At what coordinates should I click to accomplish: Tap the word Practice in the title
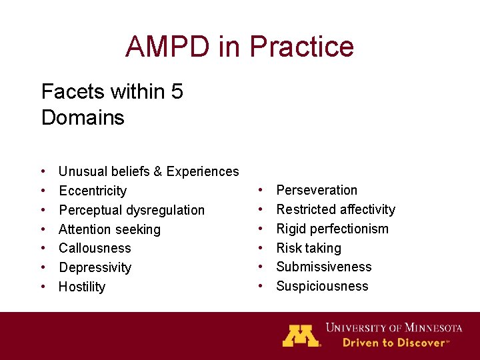301,47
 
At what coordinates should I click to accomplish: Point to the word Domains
83,118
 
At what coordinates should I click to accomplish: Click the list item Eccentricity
93,191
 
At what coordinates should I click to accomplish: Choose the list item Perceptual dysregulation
131,210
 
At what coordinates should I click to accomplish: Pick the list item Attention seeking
109,229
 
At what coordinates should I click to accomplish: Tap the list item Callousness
95,248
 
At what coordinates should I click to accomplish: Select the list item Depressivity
95,267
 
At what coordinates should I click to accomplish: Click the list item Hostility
82,287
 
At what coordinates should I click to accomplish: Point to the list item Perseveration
317,190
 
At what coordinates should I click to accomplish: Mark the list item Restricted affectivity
335,209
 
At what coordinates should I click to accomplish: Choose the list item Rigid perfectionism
332,229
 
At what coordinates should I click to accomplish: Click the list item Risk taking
308,248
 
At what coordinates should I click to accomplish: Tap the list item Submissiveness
323,267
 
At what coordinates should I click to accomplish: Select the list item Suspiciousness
322,286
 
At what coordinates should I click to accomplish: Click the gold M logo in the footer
301,335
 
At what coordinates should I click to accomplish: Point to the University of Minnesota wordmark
393,328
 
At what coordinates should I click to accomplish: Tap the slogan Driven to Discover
393,343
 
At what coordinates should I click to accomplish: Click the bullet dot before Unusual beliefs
43,172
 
